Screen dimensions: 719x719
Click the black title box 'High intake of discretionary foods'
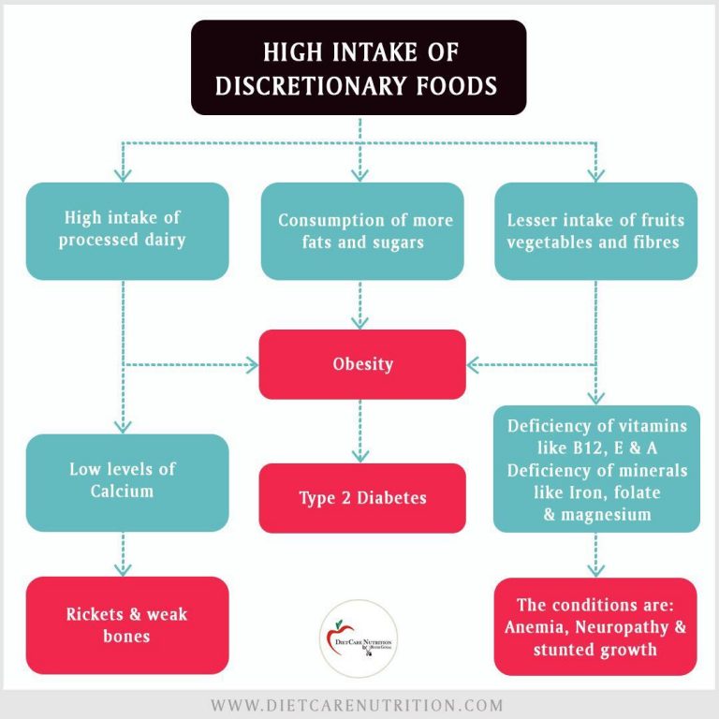[359, 66]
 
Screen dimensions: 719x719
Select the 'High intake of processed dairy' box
[127, 230]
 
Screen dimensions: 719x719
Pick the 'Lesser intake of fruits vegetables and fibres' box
[595, 230]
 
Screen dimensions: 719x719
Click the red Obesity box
[362, 364]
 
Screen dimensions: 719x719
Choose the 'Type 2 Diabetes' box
[362, 498]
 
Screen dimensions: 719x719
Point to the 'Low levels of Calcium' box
[127, 478]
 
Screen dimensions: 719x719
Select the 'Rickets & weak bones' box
[127, 624]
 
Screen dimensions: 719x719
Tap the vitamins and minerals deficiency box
[595, 470]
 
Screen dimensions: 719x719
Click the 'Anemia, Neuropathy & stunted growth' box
[595, 626]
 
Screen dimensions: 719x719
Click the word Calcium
[122, 490]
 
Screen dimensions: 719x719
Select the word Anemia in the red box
[534, 626]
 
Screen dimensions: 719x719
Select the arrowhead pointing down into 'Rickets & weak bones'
[124, 568]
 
